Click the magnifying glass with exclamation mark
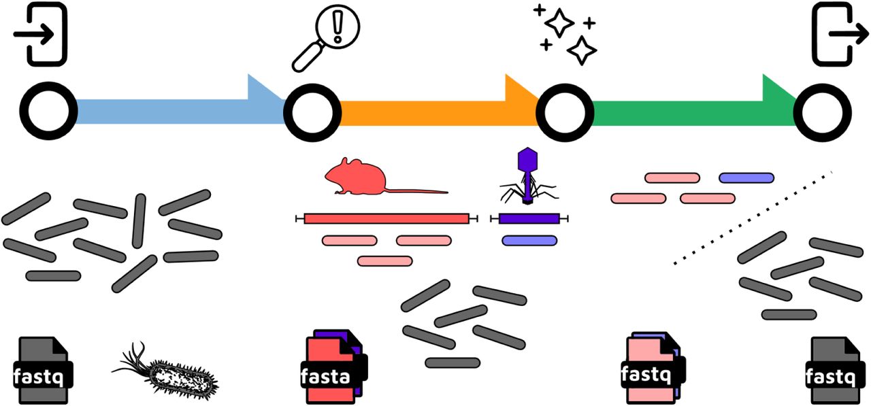[x=326, y=37]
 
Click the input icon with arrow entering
[x=42, y=34]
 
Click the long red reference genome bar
[x=387, y=218]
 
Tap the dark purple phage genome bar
[x=529, y=218]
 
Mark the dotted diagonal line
[x=752, y=218]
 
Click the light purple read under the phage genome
[x=529, y=240]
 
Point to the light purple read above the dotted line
[x=746, y=178]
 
